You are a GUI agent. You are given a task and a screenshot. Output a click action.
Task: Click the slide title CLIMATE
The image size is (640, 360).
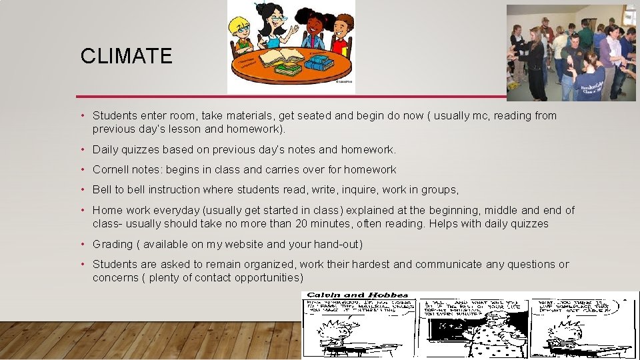(x=126, y=56)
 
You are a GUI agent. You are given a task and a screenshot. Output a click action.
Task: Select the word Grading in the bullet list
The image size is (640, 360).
(x=113, y=245)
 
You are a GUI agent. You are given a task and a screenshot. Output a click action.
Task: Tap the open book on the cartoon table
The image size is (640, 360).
(x=281, y=57)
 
